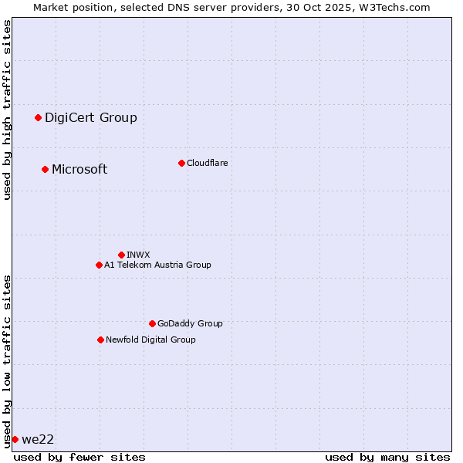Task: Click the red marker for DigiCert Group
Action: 38,117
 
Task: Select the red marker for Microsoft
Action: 45,169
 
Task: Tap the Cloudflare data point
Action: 181,163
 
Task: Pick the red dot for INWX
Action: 121,255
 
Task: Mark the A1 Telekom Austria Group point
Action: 99,265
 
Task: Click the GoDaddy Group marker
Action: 152,323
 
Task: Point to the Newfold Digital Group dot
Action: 100,340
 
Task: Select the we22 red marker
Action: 15,439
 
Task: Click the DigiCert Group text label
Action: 90,117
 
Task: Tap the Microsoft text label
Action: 79,169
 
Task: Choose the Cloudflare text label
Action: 207,163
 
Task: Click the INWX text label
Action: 138,255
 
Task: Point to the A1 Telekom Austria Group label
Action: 157,265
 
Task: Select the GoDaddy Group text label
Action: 190,323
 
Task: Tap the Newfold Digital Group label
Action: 150,340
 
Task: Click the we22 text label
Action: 38,439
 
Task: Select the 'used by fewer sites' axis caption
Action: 79,457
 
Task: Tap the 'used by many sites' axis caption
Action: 387,457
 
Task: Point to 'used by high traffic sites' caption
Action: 7,110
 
